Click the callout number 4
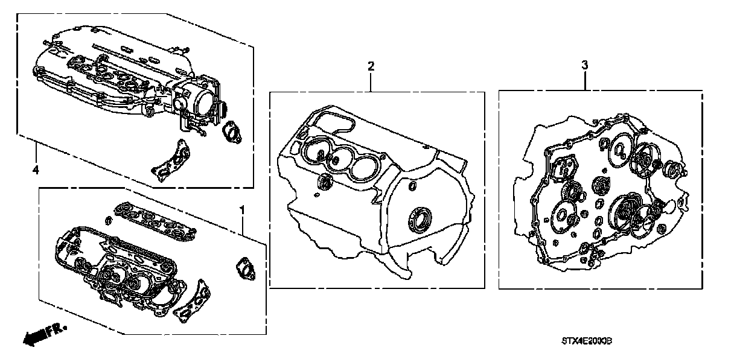[36, 171]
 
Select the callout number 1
[242, 210]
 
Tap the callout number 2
[371, 65]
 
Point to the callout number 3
[584, 65]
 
